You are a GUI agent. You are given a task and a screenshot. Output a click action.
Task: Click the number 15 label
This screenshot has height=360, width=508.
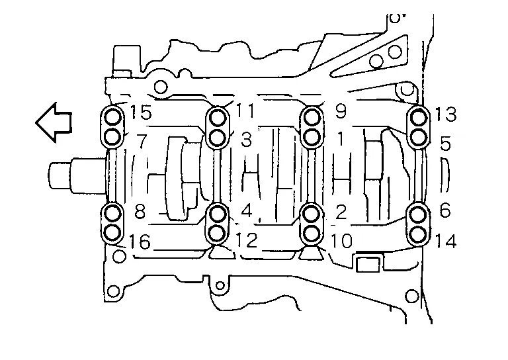(x=141, y=112)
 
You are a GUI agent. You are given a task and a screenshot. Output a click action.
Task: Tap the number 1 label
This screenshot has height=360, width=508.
(x=340, y=139)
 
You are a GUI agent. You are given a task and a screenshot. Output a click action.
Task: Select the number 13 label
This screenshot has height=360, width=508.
(x=445, y=114)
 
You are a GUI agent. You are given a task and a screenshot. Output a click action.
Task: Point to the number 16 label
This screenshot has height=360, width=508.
(x=140, y=242)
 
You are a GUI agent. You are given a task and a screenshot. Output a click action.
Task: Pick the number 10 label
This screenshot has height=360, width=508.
(x=341, y=241)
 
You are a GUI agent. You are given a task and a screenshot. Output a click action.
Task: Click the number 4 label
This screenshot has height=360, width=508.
(x=247, y=211)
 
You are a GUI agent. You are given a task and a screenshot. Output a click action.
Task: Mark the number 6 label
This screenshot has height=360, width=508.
(x=444, y=210)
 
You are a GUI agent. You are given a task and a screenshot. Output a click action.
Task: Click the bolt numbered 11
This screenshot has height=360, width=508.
(x=218, y=117)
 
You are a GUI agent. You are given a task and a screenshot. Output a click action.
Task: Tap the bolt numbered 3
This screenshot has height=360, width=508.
(x=218, y=138)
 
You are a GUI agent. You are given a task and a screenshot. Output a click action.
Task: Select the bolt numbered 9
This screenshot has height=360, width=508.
(x=312, y=117)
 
